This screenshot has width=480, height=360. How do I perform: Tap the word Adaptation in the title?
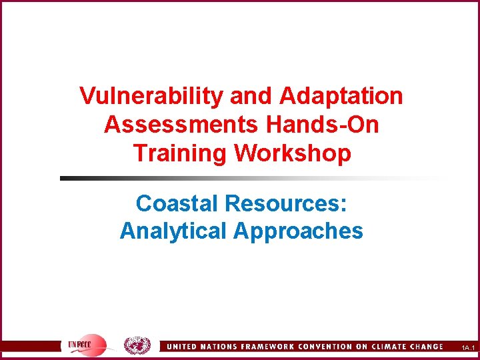341,96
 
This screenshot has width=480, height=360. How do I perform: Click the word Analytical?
173,231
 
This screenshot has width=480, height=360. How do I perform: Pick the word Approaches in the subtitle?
298,231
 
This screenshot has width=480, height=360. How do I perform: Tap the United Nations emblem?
137,345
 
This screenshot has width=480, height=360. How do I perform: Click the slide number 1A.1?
467,348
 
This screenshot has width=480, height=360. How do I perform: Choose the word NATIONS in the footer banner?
211,347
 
